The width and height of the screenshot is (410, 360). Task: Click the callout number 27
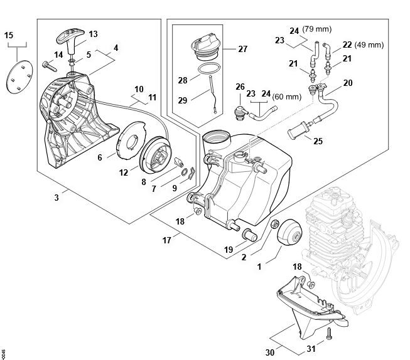click(242, 47)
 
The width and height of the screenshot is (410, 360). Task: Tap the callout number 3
click(57, 198)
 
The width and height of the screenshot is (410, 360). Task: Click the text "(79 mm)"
click(317, 29)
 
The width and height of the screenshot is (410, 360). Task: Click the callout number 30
click(270, 352)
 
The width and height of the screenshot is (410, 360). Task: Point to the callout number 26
click(239, 87)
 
